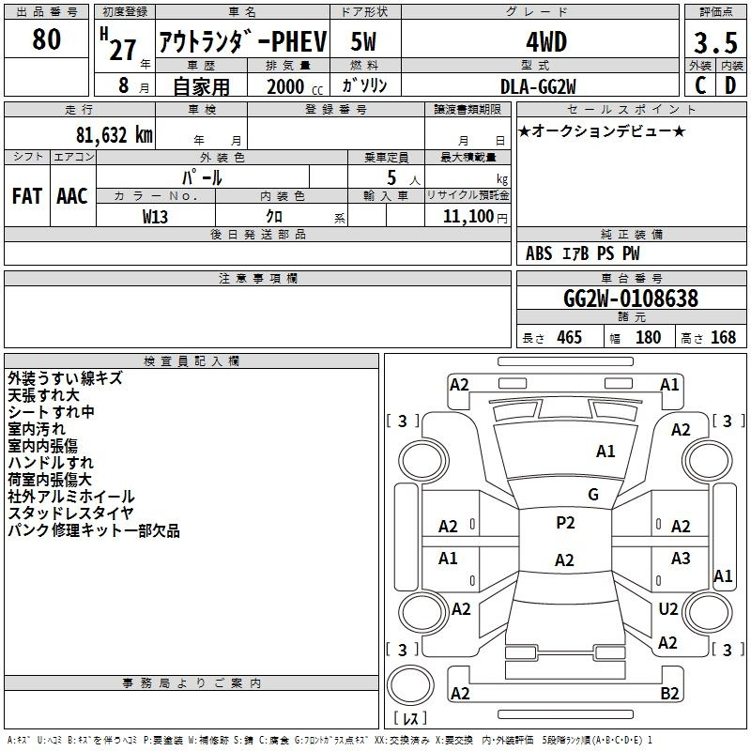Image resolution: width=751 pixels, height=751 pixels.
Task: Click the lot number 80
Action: pyautogui.click(x=46, y=39)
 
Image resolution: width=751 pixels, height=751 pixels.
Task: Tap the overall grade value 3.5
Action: pyautogui.click(x=715, y=43)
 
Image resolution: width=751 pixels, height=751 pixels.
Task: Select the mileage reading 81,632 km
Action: pyautogui.click(x=114, y=134)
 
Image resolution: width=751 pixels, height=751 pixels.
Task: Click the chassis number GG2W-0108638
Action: pyautogui.click(x=631, y=298)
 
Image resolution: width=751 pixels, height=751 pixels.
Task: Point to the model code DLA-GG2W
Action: pyautogui.click(x=538, y=86)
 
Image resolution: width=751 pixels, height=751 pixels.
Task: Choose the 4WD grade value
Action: pyautogui.click(x=546, y=42)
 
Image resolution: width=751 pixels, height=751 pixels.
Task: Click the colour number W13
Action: pyautogui.click(x=155, y=217)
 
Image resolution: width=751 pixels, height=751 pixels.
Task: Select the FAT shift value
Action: pyautogui.click(x=27, y=196)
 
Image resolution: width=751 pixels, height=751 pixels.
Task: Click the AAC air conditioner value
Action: pyautogui.click(x=72, y=196)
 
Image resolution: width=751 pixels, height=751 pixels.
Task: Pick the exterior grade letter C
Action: pyautogui.click(x=700, y=85)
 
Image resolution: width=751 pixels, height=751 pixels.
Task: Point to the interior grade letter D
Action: pyautogui.click(x=730, y=85)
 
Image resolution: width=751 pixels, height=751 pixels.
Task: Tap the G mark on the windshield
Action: pyautogui.click(x=593, y=495)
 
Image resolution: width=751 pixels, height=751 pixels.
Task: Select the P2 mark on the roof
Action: pyautogui.click(x=565, y=523)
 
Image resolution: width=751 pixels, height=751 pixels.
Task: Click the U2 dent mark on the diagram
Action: pyautogui.click(x=668, y=608)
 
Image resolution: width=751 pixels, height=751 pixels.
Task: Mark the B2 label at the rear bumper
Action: pyautogui.click(x=669, y=693)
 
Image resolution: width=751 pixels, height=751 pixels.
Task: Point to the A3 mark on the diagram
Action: pyautogui.click(x=681, y=558)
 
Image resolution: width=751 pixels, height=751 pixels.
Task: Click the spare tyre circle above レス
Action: pyautogui.click(x=410, y=685)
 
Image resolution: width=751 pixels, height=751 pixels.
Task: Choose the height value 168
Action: pyautogui.click(x=723, y=338)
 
